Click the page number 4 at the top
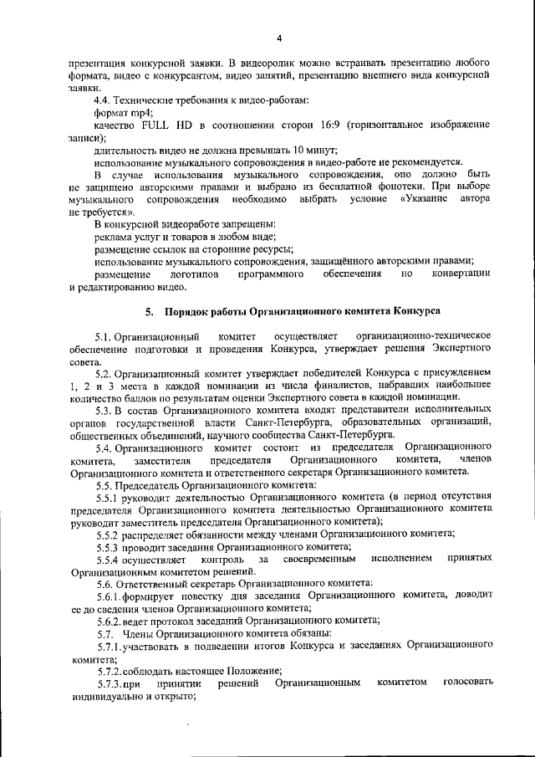pyautogui.click(x=280, y=38)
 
